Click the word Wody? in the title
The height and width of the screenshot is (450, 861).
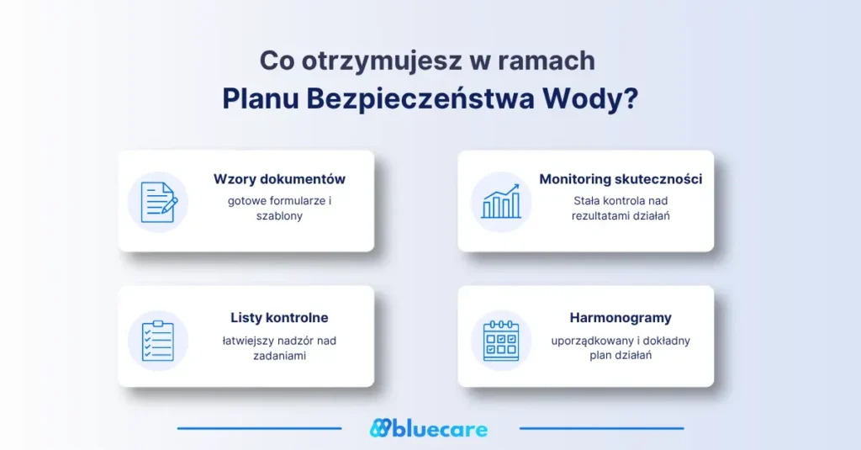[590, 100]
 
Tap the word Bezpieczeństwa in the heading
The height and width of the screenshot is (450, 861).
[420, 100]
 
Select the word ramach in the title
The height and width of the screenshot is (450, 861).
[547, 61]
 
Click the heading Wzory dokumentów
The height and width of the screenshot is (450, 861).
[279, 179]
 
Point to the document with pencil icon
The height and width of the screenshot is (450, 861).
[159, 202]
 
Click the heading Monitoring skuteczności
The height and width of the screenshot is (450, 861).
[621, 179]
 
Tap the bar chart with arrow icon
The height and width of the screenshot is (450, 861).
[501, 202]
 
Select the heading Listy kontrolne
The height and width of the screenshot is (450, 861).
[279, 318]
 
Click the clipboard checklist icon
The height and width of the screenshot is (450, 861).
[158, 341]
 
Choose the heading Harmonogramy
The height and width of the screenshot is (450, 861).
[621, 318]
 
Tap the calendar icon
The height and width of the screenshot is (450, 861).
[501, 341]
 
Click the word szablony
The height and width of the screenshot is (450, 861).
[279, 216]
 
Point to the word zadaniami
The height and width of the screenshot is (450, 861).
[279, 356]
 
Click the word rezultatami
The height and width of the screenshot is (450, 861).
[600, 216]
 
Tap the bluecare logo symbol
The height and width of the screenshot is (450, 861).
[380, 428]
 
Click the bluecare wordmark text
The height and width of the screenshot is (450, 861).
[440, 429]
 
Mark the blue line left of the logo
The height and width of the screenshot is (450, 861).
[259, 428]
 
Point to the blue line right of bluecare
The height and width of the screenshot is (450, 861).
[602, 428]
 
